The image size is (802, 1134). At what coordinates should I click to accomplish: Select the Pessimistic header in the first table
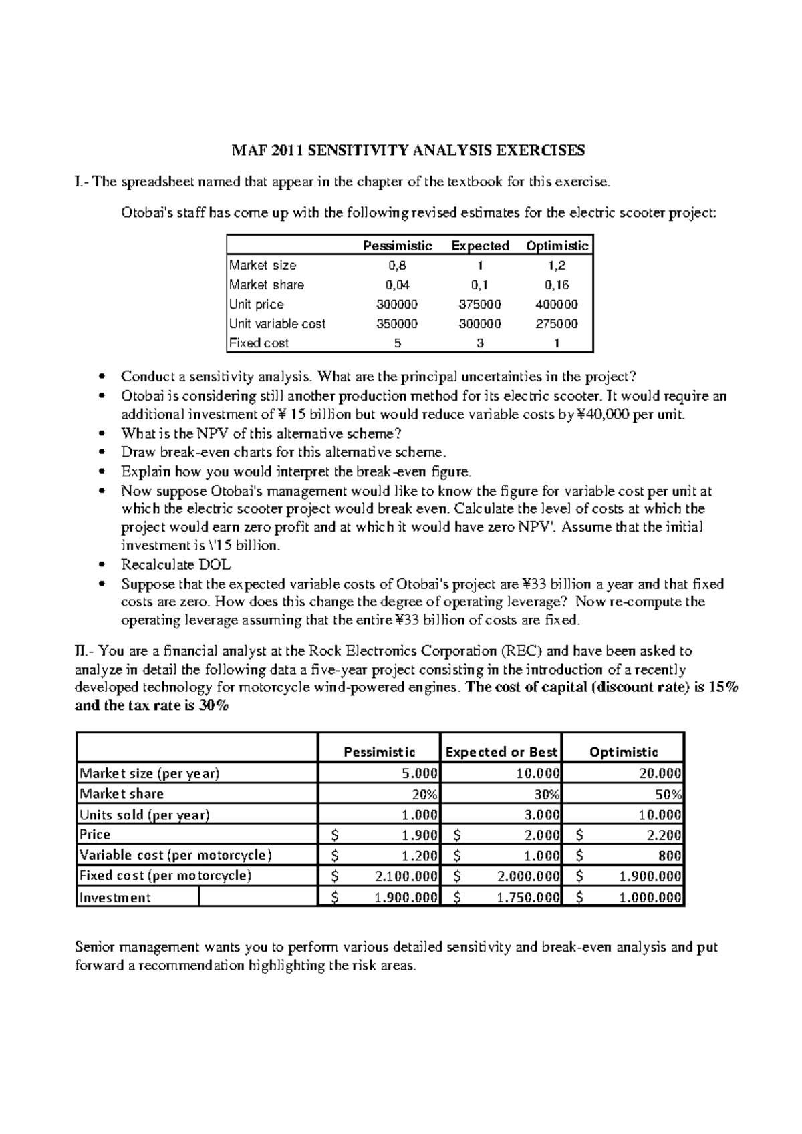(397, 246)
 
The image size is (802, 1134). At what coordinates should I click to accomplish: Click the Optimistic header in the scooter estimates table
(557, 246)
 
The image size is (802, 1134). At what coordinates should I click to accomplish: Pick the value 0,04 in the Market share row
(397, 285)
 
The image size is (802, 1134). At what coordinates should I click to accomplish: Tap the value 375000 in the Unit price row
(480, 304)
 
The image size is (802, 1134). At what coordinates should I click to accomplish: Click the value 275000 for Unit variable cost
(557, 323)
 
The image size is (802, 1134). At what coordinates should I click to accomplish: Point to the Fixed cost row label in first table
(259, 343)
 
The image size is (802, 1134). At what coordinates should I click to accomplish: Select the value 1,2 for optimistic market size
(557, 265)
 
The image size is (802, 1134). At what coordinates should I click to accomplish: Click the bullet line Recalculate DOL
(176, 564)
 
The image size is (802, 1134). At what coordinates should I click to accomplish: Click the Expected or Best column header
(501, 752)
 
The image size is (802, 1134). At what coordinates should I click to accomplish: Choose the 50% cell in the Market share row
(668, 794)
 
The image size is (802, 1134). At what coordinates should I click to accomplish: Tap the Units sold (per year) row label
(144, 815)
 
